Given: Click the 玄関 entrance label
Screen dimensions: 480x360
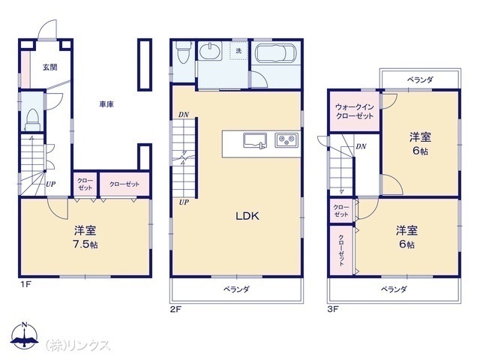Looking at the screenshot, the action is tap(50, 67).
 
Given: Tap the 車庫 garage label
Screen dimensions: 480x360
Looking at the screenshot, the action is tap(106, 104).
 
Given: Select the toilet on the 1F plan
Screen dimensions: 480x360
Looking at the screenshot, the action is tap(32, 120).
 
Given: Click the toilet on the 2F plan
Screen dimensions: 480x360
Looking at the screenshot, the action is tap(183, 52).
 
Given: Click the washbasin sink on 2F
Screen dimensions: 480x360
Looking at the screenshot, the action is tap(210, 51).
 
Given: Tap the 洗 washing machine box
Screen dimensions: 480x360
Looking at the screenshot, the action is tap(238, 51).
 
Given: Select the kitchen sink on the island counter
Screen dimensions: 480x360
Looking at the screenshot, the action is tap(255, 140).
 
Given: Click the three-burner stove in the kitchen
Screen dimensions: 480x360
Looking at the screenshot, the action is tap(286, 140).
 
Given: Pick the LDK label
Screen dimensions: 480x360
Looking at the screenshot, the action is tap(247, 216).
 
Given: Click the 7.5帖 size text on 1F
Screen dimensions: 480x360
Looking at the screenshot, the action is tap(85, 244).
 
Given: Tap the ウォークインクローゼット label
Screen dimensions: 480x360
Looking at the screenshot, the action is tap(355, 112).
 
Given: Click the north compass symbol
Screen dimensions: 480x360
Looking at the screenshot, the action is tap(25, 336).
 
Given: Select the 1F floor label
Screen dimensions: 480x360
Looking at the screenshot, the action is tap(25, 285).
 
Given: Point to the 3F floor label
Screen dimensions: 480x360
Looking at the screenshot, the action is tap(333, 309).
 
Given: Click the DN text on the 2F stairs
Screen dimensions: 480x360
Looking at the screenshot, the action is tap(184, 115).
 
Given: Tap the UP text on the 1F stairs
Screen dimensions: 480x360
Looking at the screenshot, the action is tap(51, 184).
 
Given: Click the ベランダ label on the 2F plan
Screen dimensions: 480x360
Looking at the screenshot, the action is tap(236, 289).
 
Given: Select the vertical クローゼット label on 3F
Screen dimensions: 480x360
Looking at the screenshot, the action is tap(341, 250).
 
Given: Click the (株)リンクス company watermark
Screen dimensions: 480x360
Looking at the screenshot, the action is tap(78, 345).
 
